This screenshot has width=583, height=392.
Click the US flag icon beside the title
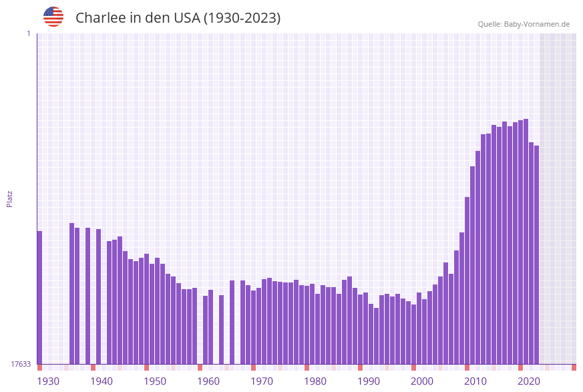(53, 17)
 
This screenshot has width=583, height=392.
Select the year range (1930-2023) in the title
(242, 18)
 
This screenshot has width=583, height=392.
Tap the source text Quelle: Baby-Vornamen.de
(524, 24)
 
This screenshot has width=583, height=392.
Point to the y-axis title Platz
(9, 199)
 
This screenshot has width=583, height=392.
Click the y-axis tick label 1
(28, 33)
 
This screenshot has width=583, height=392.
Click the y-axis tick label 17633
(20, 364)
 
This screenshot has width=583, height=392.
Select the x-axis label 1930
(47, 381)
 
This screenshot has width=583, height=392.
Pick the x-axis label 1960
(208, 381)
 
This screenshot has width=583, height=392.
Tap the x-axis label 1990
(369, 381)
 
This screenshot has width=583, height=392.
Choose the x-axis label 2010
(475, 381)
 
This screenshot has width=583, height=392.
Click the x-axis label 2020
(529, 381)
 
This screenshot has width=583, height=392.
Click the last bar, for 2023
(536, 254)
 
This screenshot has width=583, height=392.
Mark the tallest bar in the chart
(526, 240)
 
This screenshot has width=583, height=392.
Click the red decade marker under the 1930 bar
(39, 367)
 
